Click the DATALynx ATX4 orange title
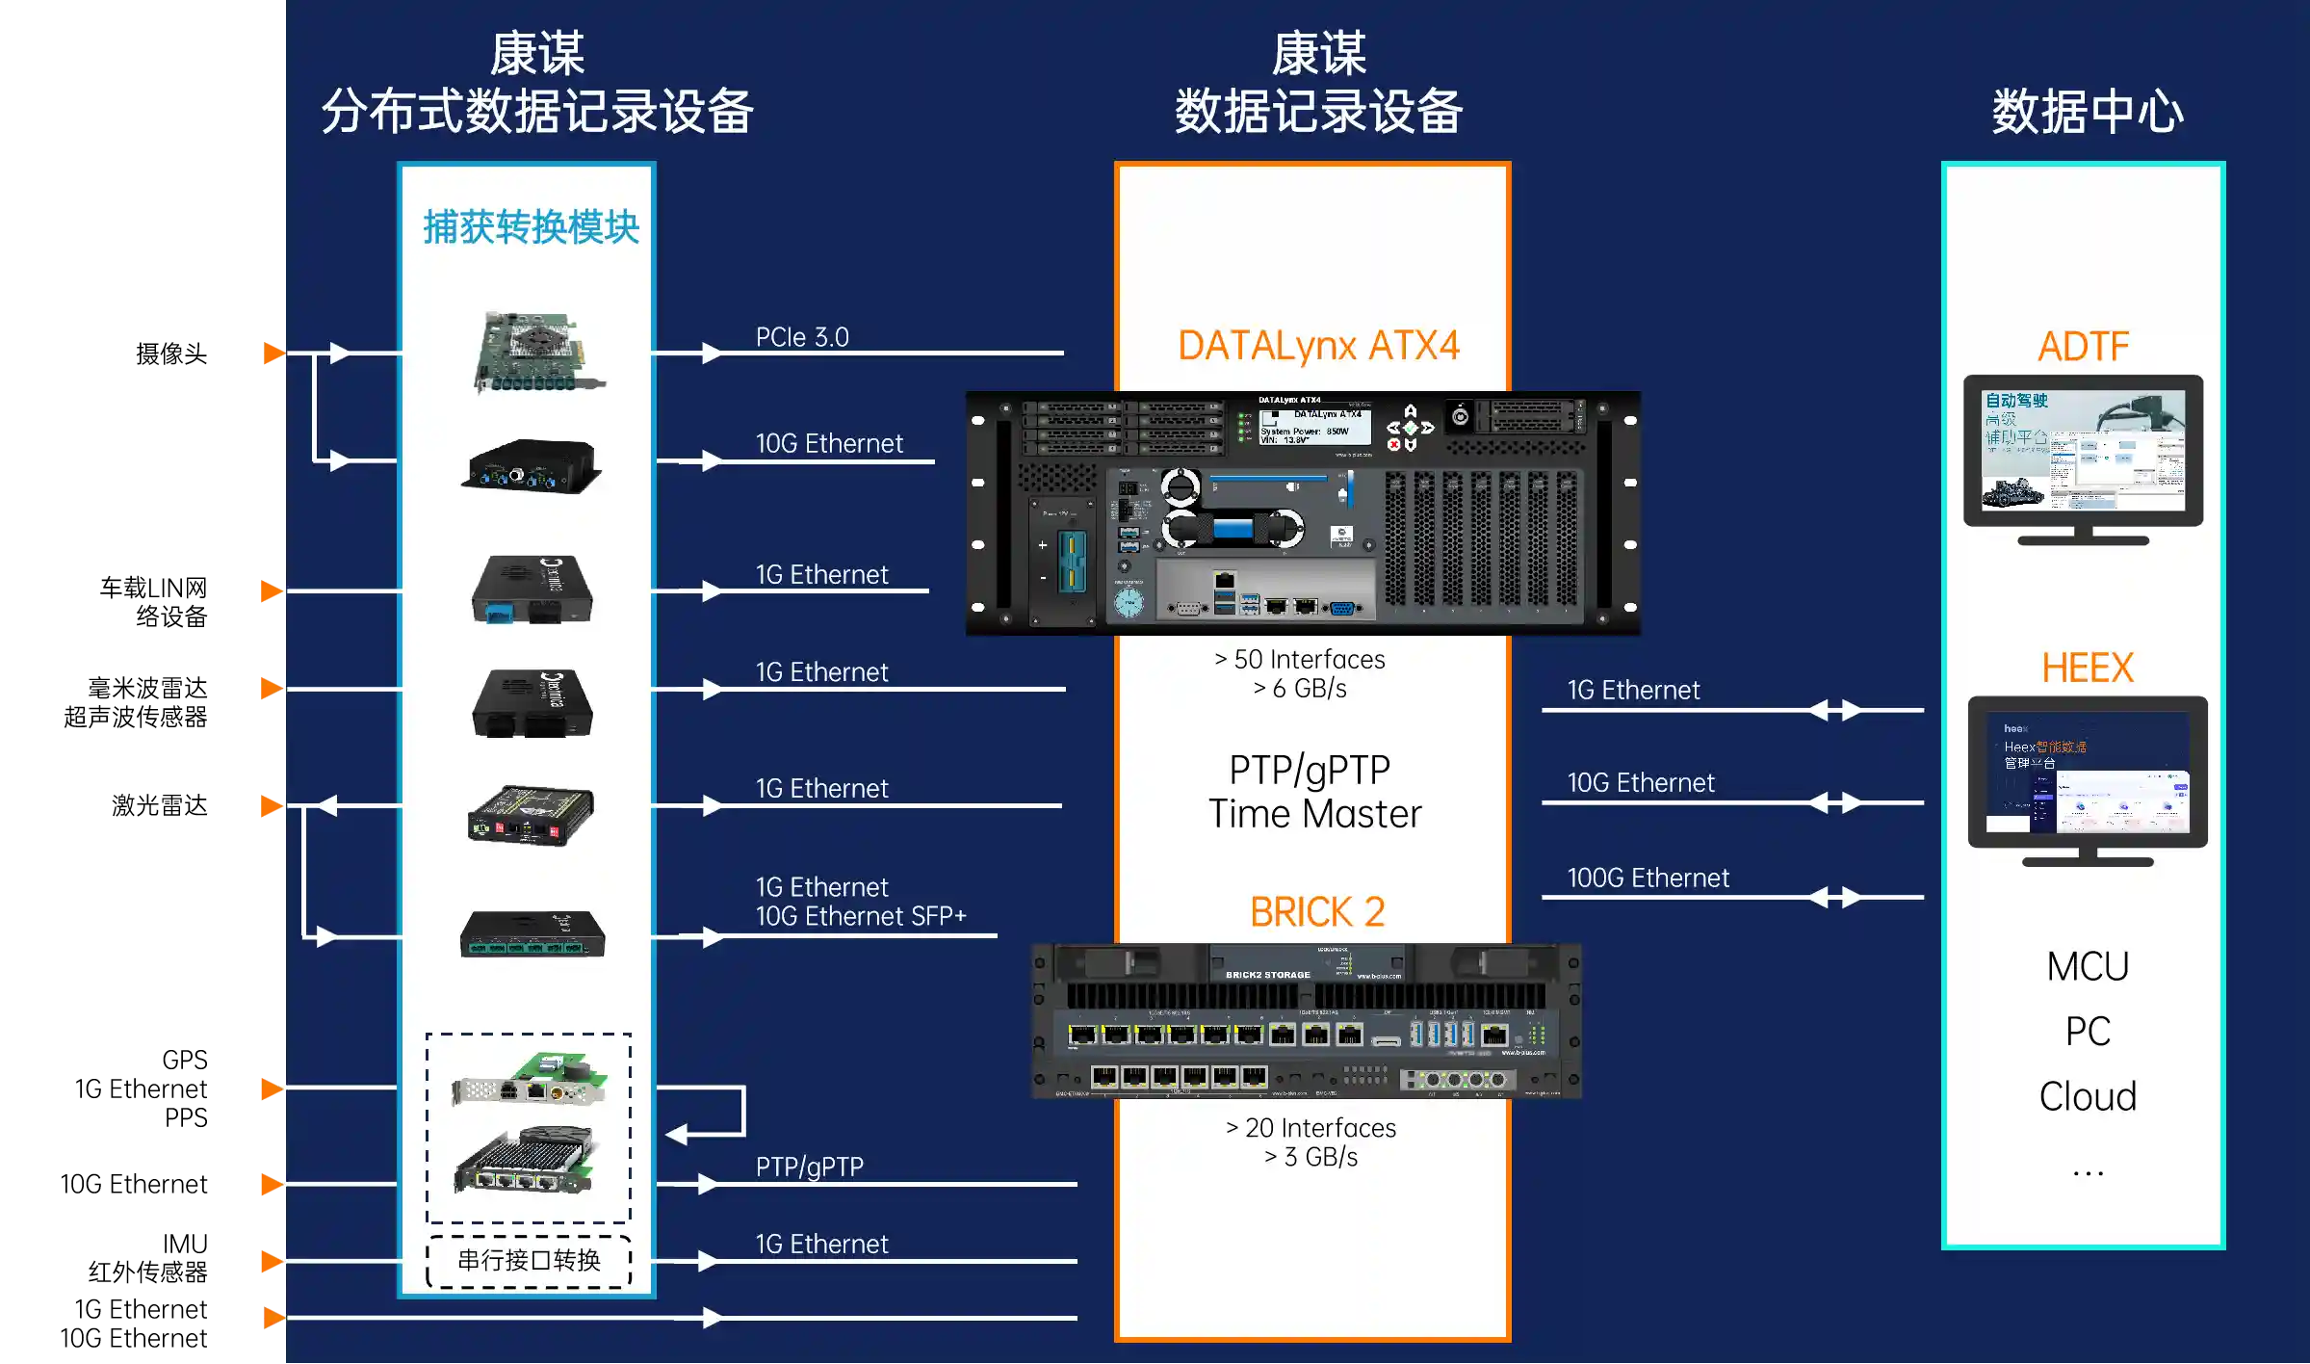click(1317, 346)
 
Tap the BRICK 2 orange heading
click(1316, 911)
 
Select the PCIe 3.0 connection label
click(802, 337)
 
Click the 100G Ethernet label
click(1648, 878)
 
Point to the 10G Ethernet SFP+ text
click(860, 916)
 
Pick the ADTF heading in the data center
click(2083, 347)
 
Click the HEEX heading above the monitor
click(2087, 668)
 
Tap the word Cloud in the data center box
click(2087, 1096)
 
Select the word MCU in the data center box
click(2087, 966)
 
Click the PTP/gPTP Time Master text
click(1313, 792)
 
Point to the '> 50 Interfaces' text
click(1300, 660)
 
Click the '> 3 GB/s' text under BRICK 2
click(1311, 1157)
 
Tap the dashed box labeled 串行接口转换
click(529, 1261)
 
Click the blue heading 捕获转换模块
click(531, 227)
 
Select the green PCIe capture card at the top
click(537, 352)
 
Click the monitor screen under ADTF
click(2083, 449)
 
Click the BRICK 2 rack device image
click(1305, 1021)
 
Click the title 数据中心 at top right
click(2087, 112)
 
